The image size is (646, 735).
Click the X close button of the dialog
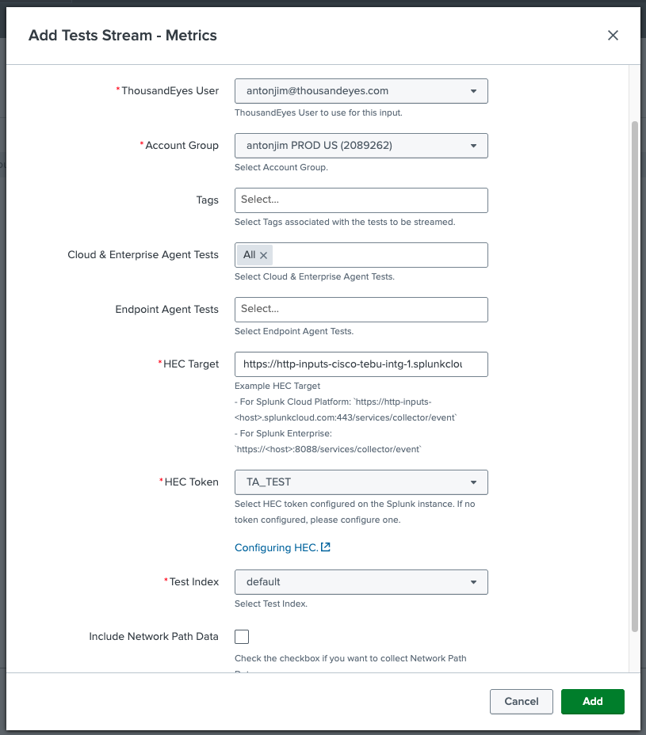click(613, 36)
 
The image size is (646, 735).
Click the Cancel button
click(521, 701)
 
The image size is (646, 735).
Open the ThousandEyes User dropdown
click(361, 91)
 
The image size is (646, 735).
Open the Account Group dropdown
click(361, 146)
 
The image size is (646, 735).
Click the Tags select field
click(361, 200)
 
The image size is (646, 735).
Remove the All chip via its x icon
click(264, 255)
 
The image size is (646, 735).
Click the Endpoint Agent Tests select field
click(361, 310)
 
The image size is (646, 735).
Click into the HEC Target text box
click(361, 364)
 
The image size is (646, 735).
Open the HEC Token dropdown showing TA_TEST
click(361, 482)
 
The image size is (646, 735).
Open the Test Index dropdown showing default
click(361, 582)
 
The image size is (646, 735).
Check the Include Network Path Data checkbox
click(242, 637)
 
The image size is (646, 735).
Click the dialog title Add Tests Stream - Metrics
click(123, 36)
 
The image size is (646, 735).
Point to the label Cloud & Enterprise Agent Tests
click(143, 255)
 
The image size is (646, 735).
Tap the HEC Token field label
click(191, 482)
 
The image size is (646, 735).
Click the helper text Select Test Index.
click(271, 604)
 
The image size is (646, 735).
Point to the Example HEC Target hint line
click(277, 387)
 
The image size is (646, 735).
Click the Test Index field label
click(193, 582)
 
